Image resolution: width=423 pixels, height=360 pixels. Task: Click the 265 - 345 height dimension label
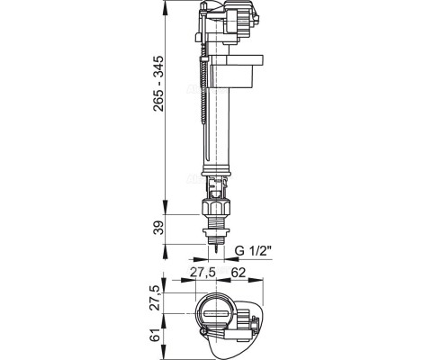point(158,84)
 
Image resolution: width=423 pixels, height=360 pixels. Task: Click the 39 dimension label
point(158,228)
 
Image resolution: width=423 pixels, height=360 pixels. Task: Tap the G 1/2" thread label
point(253,251)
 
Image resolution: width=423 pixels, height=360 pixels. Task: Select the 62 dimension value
point(238,273)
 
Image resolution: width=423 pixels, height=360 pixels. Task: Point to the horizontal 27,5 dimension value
point(203,273)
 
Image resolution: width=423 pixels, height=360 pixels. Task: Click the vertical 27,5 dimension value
point(155,298)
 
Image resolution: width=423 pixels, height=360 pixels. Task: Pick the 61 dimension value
point(155,335)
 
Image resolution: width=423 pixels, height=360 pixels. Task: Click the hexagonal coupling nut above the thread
point(216,207)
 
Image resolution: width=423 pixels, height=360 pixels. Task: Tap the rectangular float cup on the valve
point(236,71)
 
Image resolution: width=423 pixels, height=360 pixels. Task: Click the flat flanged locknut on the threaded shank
point(216,231)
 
